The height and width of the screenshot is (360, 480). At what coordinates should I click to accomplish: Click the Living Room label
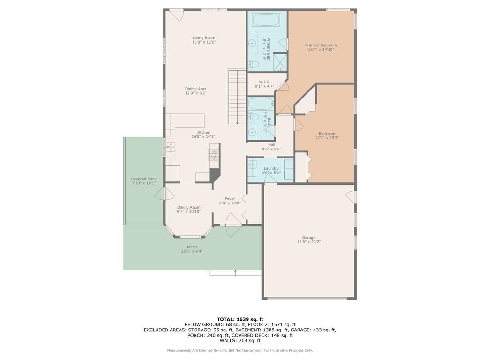click(204, 38)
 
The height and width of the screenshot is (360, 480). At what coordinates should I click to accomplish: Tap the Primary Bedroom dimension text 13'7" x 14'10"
click(321, 49)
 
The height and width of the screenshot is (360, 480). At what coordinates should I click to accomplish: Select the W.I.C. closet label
click(264, 82)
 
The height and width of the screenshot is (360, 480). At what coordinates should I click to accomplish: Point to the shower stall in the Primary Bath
click(280, 62)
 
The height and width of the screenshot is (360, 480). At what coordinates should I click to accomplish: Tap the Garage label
click(308, 238)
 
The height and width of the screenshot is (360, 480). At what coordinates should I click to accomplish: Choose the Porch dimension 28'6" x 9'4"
click(192, 251)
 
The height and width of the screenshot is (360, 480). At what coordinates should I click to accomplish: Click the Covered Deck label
click(144, 179)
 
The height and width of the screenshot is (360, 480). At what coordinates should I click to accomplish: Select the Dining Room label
click(188, 207)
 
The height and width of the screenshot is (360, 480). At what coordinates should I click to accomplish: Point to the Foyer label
click(230, 199)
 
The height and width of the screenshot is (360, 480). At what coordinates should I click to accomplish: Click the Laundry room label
click(271, 168)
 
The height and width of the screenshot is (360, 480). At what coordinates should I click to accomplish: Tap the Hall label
click(271, 145)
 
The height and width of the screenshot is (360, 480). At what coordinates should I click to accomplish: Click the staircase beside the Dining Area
click(237, 97)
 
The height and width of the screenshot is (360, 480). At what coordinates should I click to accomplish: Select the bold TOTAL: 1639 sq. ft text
click(240, 319)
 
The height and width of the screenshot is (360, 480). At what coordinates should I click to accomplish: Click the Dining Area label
click(195, 89)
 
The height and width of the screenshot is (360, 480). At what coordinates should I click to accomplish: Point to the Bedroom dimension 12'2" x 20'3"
click(327, 138)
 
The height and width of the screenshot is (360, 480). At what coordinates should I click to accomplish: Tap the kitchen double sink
click(170, 147)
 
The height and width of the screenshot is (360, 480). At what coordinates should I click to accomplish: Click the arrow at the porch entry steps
click(235, 272)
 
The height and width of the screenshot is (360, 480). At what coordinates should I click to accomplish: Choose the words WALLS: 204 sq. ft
click(240, 340)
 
